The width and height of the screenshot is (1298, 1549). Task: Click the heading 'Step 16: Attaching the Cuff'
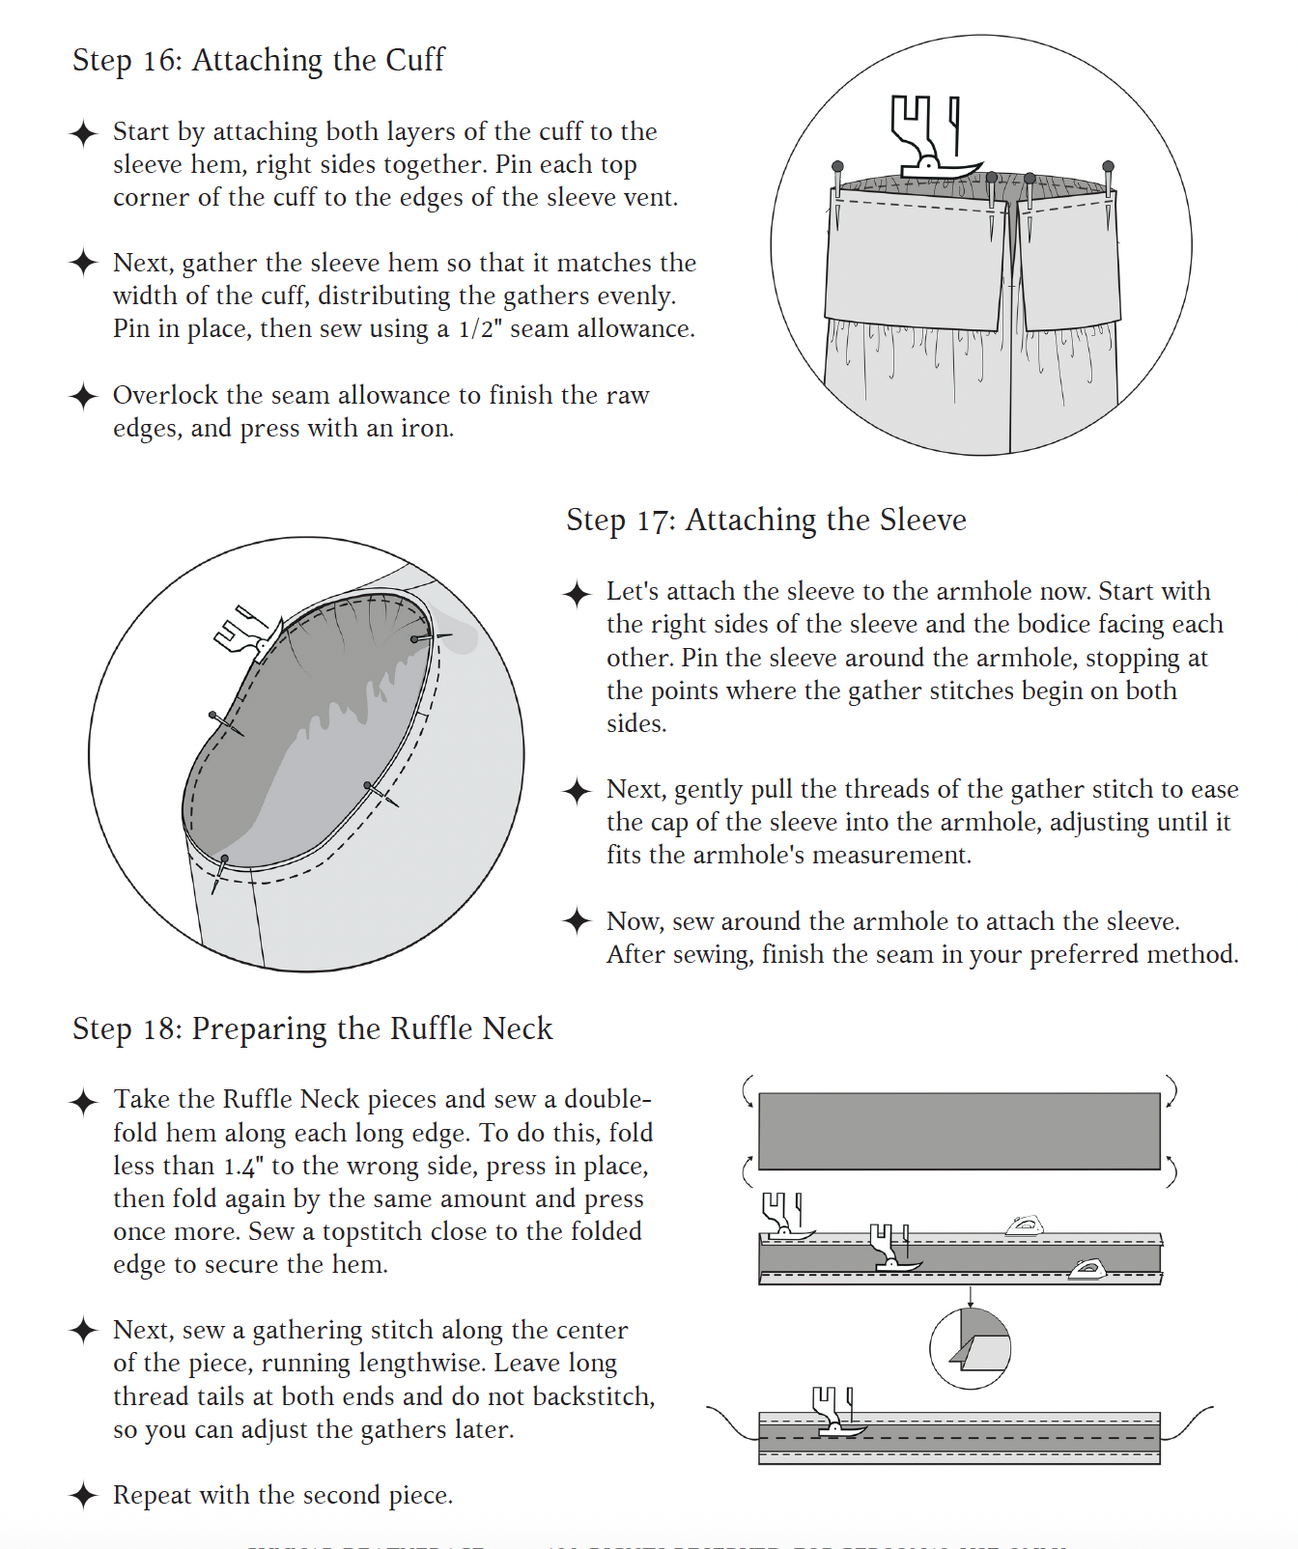pos(258,60)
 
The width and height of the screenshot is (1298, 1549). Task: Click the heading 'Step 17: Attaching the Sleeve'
pos(765,520)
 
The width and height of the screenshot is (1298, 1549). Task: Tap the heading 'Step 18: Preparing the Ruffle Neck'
pos(312,1028)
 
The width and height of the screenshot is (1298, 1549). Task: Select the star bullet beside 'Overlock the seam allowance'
pos(84,396)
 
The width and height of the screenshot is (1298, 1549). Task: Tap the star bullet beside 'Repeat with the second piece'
pos(84,1496)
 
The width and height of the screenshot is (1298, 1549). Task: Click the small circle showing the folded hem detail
pos(970,1348)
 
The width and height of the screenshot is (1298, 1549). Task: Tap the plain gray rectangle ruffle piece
pos(959,1131)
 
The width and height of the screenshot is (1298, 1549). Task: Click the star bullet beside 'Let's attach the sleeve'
pos(578,593)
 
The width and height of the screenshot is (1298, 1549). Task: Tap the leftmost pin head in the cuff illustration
pos(837,166)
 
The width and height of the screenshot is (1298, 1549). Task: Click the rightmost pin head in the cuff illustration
pos(1108,166)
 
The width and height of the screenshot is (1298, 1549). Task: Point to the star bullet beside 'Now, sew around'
pos(578,921)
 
